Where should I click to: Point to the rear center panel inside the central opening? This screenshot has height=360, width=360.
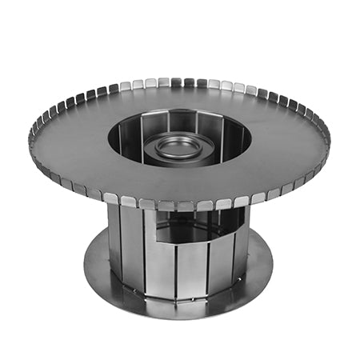(x=179, y=122)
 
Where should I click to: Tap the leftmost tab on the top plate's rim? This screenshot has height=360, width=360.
(x=34, y=137)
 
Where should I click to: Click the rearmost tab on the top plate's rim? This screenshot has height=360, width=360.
(x=178, y=82)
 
